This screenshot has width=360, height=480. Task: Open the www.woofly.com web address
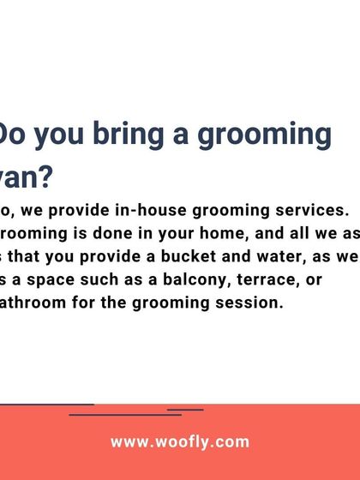179,443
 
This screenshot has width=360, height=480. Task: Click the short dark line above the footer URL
185,410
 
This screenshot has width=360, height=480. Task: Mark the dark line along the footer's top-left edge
47,404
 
